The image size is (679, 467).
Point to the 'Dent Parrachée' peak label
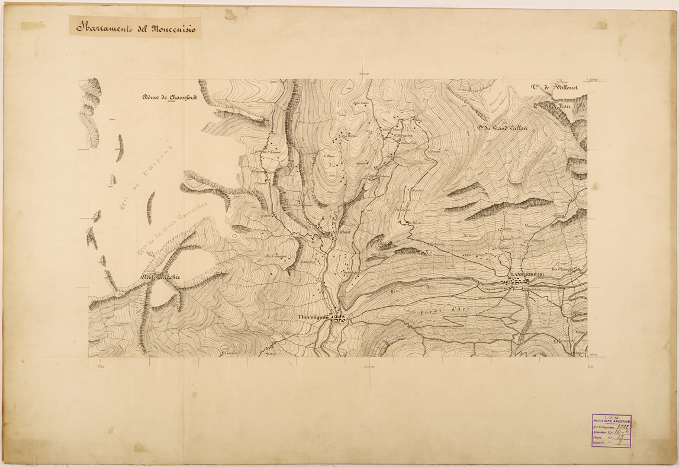(x=160, y=276)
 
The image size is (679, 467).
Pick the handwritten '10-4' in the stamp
(x=621, y=433)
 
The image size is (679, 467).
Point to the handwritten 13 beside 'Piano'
(x=620, y=439)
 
